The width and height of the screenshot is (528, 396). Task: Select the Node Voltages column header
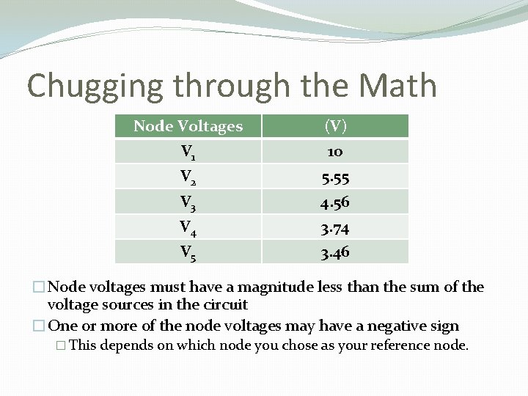(188, 126)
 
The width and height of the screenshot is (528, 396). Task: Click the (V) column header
(335, 126)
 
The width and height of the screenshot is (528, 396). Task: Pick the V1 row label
(188, 153)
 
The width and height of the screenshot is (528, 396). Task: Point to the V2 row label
(188, 177)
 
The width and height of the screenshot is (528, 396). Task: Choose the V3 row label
(188, 202)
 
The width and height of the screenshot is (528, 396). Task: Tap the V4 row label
(188, 227)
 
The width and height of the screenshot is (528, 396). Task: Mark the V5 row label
(188, 252)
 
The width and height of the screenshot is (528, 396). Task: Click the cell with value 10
(335, 152)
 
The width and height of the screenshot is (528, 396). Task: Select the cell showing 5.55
(335, 177)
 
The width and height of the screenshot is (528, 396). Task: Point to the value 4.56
(335, 202)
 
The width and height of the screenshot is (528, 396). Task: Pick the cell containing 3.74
(335, 227)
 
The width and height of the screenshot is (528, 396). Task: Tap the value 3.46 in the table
(335, 252)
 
